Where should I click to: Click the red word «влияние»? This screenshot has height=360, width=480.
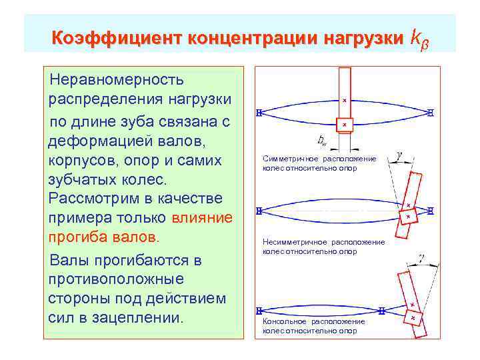pyautogui.click(x=202, y=218)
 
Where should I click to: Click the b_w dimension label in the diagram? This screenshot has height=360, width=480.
pyautogui.click(x=322, y=141)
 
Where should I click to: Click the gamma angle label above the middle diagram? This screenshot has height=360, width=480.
pyautogui.click(x=398, y=155)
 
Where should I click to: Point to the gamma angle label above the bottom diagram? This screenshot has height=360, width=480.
pyautogui.click(x=421, y=257)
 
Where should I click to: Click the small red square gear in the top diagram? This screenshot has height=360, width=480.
pyautogui.click(x=344, y=125)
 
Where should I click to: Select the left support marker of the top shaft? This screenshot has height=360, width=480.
pyautogui.click(x=258, y=113)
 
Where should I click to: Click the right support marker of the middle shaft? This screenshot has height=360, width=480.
pyautogui.click(x=431, y=211)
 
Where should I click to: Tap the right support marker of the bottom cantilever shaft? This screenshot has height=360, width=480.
pyautogui.click(x=382, y=311)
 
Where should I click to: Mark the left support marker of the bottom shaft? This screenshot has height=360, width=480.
pyautogui.click(x=258, y=311)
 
